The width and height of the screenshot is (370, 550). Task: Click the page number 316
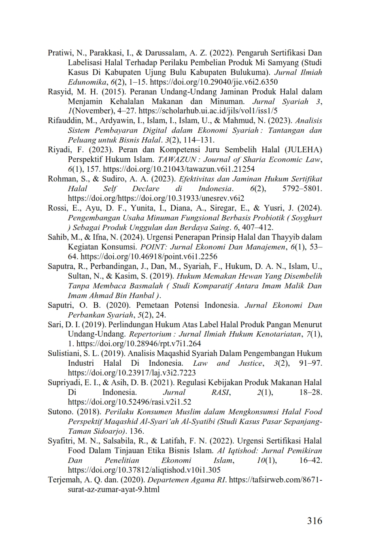(314, 520)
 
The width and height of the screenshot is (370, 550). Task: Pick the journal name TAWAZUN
(176, 160)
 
